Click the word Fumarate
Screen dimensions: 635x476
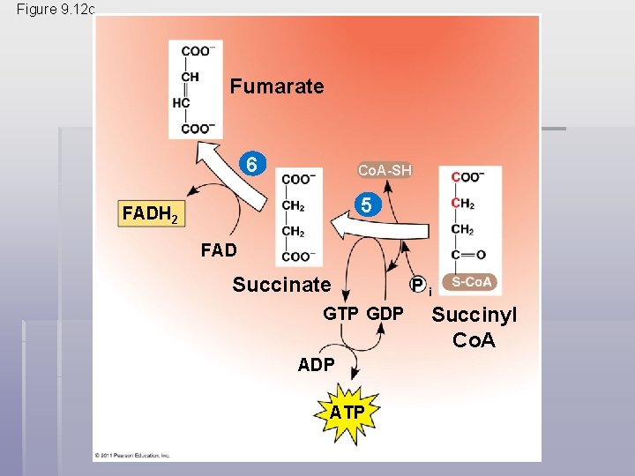click(x=277, y=86)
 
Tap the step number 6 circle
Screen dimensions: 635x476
click(x=253, y=165)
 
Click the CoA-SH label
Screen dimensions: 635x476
click(x=384, y=170)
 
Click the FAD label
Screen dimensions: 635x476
click(x=218, y=250)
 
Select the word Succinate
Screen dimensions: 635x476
click(x=281, y=285)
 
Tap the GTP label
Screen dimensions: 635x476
click(x=340, y=314)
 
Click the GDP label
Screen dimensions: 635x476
click(x=385, y=314)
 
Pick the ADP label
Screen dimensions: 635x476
click(x=316, y=364)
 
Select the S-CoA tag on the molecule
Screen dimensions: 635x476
click(x=474, y=282)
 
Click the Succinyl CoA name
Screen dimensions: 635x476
click(x=474, y=327)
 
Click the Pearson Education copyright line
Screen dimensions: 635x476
click(x=132, y=456)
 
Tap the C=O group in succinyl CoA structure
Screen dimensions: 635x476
click(x=468, y=255)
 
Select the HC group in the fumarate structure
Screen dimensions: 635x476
click(x=182, y=102)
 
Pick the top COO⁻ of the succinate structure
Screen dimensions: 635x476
click(x=298, y=180)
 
